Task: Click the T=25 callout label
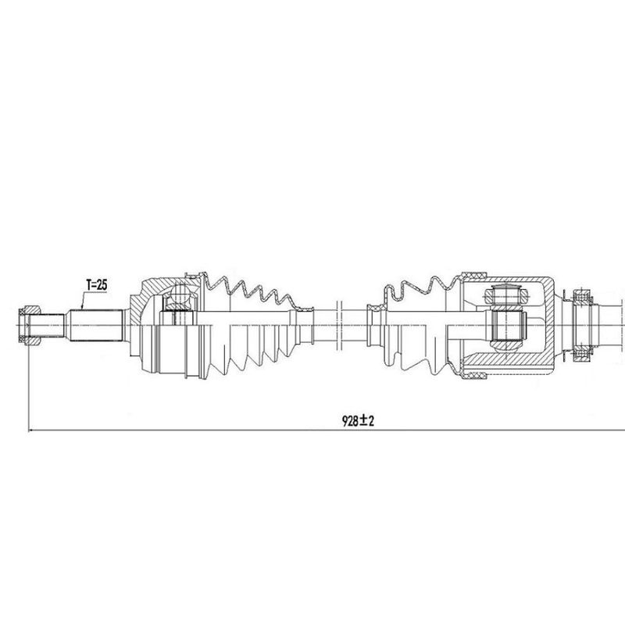[x=97, y=285]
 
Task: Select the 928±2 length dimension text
[x=359, y=420]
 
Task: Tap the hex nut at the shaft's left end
[x=30, y=325]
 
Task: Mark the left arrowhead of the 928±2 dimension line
[x=31, y=430]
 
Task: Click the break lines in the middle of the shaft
[x=340, y=325]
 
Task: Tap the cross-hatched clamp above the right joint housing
[x=474, y=275]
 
